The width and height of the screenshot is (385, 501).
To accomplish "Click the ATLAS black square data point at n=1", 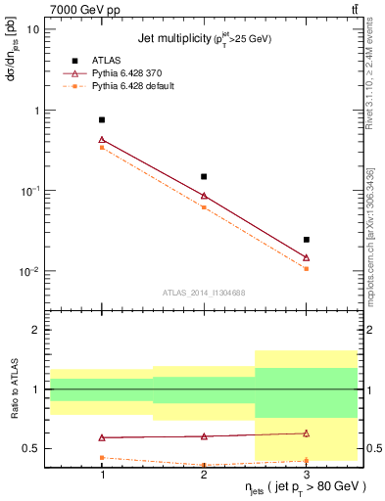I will click(x=102, y=119).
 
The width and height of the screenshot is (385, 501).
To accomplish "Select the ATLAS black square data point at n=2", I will click(x=204, y=176).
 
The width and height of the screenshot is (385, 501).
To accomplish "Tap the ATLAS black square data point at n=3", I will click(x=306, y=239).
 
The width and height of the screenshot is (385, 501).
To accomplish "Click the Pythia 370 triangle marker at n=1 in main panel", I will click(x=102, y=139).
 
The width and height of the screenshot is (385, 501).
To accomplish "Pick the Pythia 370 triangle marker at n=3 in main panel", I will click(x=306, y=257).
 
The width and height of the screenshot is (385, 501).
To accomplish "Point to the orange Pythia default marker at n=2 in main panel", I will click(x=204, y=206).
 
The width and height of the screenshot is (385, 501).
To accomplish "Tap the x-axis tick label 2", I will click(x=204, y=474).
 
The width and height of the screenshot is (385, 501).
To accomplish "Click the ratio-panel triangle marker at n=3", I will click(x=306, y=433).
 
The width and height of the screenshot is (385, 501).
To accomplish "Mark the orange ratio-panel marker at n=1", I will click(x=102, y=457).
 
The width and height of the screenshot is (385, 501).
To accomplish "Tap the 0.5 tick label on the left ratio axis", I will click(x=32, y=449).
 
